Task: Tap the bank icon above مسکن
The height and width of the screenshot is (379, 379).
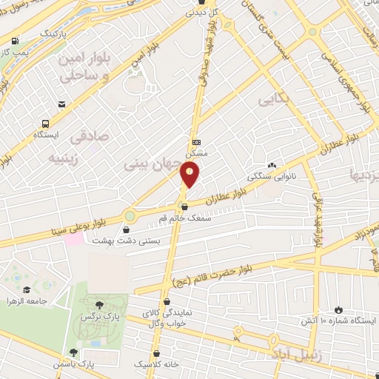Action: tap(196, 141)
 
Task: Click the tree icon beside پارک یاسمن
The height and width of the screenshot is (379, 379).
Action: tap(73, 353)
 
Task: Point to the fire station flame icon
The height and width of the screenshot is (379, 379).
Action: tap(338, 309)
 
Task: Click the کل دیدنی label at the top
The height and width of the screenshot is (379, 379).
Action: tap(201, 12)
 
